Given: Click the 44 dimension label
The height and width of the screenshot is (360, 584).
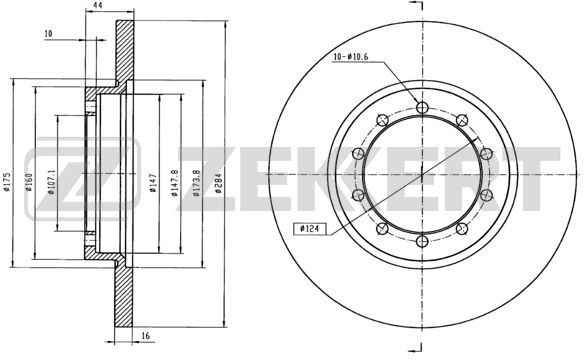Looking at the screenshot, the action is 98,5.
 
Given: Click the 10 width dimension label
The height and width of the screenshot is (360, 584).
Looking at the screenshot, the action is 48,34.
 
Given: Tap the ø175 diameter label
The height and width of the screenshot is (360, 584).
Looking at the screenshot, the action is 6,182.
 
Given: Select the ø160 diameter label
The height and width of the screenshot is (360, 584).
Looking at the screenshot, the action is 29,182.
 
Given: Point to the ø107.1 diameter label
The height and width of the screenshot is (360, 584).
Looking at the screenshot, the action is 51,182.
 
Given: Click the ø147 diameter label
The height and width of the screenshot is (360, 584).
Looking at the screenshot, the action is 153,183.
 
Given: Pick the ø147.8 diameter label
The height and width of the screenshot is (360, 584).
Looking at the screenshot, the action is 175,183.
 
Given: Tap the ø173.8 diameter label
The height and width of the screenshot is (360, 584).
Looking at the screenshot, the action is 197,183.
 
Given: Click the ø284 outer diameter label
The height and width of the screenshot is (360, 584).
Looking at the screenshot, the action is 219,183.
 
